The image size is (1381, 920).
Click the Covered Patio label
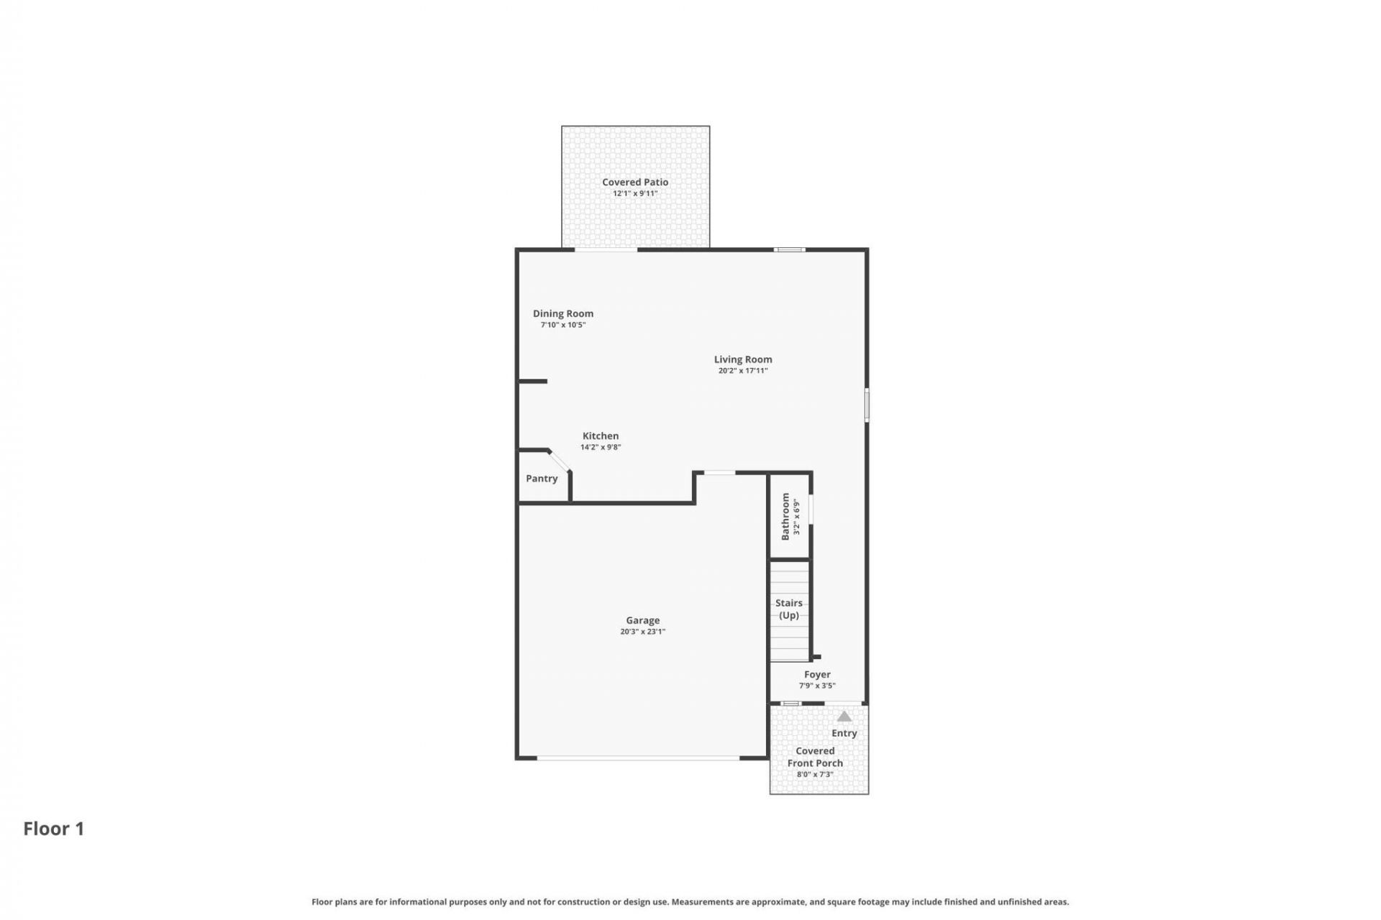click(635, 183)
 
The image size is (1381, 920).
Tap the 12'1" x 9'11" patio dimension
click(635, 193)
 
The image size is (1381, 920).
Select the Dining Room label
click(563, 313)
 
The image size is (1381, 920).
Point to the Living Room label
click(743, 359)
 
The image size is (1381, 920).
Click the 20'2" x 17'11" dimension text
click(743, 371)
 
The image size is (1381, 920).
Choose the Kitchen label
click(601, 436)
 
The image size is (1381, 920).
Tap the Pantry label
click(542, 479)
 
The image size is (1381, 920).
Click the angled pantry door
click(560, 461)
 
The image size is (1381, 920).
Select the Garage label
click(643, 620)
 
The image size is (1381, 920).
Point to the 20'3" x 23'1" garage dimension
click(643, 632)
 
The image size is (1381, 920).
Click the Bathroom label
click(785, 516)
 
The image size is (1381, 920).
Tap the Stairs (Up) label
click(789, 609)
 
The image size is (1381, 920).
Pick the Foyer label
click(817, 674)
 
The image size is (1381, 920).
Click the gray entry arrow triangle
click(844, 717)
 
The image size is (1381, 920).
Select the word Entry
click(844, 733)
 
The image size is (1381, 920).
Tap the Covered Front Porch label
click(815, 757)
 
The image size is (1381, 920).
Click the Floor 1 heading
click(54, 829)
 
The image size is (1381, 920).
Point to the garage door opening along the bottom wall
click(638, 758)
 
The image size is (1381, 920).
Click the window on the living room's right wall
click(867, 405)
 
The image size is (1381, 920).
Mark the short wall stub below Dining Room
click(533, 381)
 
